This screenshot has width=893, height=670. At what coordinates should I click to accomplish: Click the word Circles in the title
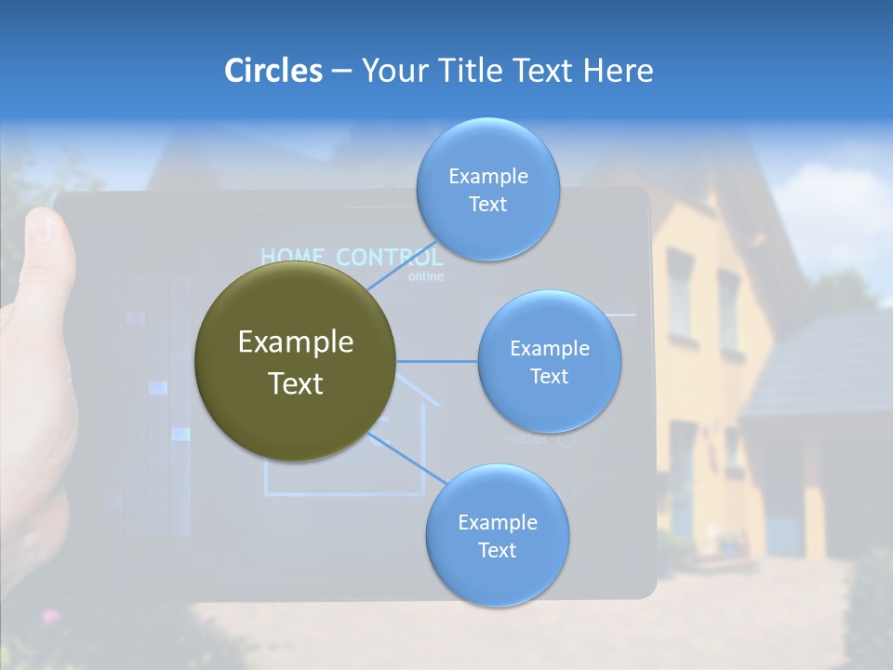coord(273,71)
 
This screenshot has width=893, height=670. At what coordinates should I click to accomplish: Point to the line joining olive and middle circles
coord(436,361)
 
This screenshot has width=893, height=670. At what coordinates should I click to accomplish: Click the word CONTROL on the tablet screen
coord(390,257)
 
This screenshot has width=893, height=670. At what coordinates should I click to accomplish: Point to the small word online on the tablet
coord(426,276)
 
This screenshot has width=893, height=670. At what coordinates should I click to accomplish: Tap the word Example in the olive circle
coord(295,342)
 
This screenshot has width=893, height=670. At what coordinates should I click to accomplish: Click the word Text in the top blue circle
coord(487,205)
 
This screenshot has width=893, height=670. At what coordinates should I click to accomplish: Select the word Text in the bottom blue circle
coord(497,551)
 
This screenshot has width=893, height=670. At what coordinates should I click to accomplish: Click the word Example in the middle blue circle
coord(549,349)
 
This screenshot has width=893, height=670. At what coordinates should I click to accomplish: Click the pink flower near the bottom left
coord(49,616)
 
